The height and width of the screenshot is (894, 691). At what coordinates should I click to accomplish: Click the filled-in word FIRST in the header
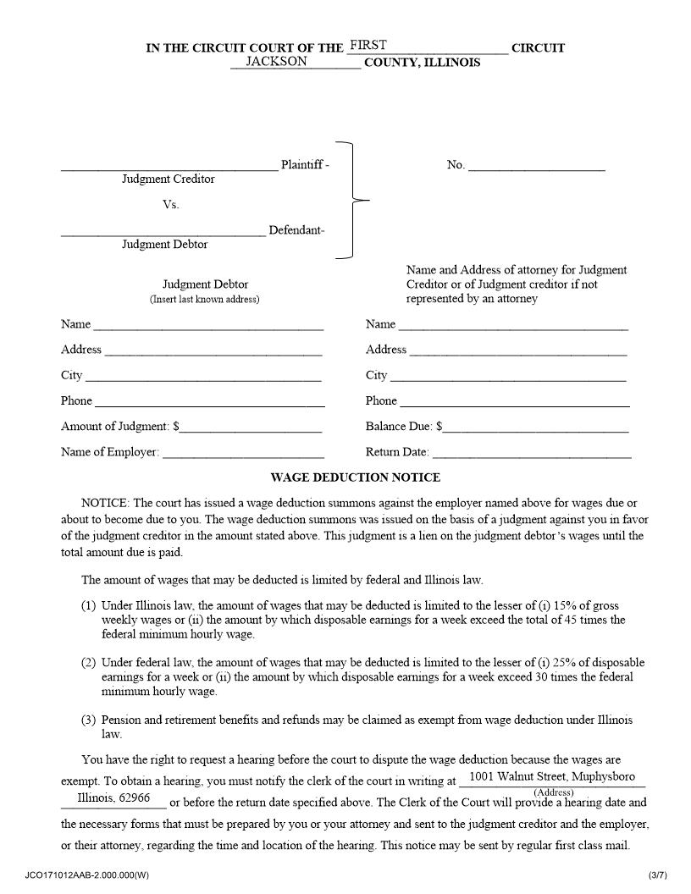[368, 46]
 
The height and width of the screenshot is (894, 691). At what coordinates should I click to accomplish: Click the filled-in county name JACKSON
[276, 62]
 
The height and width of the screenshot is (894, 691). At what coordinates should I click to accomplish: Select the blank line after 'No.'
[537, 167]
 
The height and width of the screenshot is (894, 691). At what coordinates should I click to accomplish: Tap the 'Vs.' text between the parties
[171, 205]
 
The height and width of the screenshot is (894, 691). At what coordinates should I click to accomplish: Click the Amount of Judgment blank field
[252, 428]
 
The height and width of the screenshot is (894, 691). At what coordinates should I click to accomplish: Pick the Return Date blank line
[531, 454]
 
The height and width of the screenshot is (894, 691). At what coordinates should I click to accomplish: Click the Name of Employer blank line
[243, 454]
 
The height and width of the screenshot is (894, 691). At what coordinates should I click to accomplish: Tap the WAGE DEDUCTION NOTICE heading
[356, 477]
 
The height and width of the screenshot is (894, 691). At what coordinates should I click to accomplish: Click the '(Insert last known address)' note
[205, 300]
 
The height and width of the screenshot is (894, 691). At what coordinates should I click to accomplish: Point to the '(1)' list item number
[89, 606]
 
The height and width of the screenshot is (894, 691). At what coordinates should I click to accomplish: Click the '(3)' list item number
[89, 720]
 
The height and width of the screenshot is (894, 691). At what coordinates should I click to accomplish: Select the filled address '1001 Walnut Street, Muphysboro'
[552, 776]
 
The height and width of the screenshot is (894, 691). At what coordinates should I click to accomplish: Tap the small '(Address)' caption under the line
[553, 792]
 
